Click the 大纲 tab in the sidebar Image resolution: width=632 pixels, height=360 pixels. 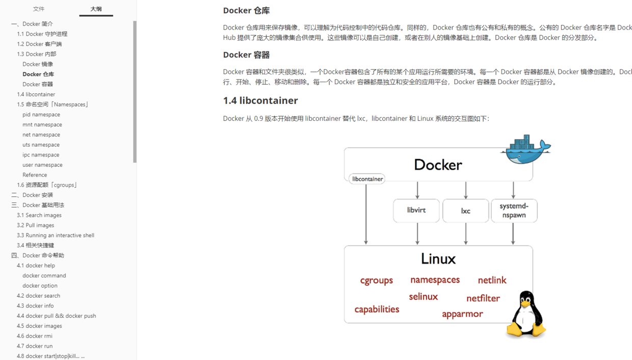(96, 9)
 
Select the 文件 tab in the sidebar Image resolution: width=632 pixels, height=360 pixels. (39, 9)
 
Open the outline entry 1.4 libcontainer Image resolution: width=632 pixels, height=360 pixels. (36, 94)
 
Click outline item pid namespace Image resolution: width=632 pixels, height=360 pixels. (41, 114)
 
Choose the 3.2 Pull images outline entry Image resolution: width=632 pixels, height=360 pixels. (35, 225)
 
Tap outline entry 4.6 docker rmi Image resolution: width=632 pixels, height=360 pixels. (34, 336)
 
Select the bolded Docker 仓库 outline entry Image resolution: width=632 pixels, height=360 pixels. (38, 74)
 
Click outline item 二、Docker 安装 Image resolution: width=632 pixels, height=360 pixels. (32, 195)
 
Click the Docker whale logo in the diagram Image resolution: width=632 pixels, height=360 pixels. (525, 149)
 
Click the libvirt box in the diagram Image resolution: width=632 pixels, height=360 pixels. (416, 211)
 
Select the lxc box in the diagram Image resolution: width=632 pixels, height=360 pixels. (465, 211)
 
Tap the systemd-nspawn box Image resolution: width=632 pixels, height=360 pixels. (514, 211)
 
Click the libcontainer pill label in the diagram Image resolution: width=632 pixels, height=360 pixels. (367, 179)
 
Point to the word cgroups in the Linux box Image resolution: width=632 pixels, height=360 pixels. (377, 280)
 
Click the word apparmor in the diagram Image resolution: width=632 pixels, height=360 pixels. (462, 314)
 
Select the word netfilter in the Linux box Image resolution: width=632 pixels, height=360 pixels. (483, 298)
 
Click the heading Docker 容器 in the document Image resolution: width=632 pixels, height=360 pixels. (246, 55)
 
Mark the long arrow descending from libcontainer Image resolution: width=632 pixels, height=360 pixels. (366, 214)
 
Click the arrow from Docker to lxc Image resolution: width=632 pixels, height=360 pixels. (466, 190)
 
